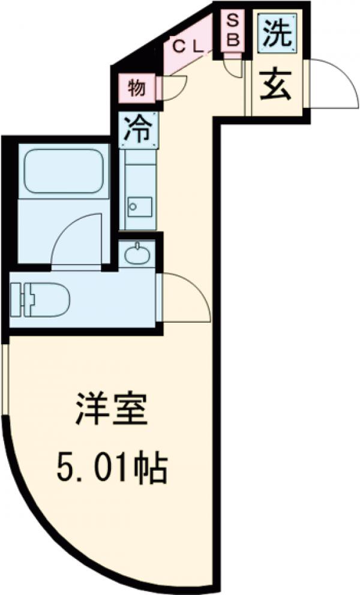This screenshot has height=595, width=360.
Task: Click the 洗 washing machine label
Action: point(277,35)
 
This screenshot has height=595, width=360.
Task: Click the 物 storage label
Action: point(137,89)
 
